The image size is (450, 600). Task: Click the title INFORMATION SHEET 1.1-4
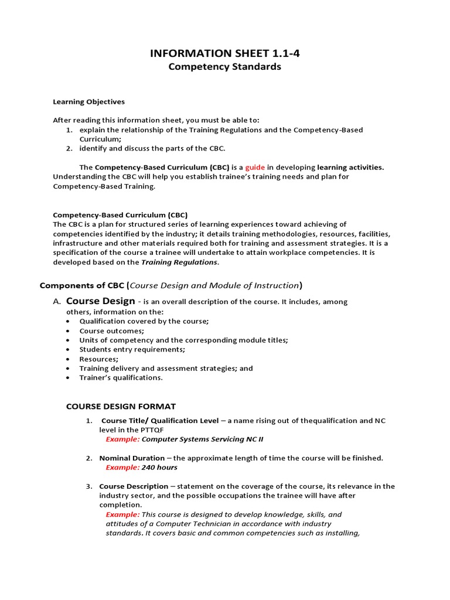tap(225, 54)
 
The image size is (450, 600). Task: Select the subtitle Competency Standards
tap(225, 67)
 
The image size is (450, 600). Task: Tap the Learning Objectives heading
tap(89, 101)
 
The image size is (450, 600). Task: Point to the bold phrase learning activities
tap(351, 167)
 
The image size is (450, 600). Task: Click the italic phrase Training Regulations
tap(179, 262)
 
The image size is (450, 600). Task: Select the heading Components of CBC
tap(81, 285)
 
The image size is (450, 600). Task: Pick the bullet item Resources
tap(98, 359)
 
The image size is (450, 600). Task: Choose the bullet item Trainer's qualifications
tap(121, 377)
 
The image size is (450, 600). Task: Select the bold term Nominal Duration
tap(132, 458)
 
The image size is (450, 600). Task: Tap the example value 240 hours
tap(159, 468)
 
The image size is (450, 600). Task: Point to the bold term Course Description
tap(134, 486)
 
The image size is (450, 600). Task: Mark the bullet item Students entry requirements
tap(132, 349)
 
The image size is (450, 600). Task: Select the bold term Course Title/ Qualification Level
tap(160, 421)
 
